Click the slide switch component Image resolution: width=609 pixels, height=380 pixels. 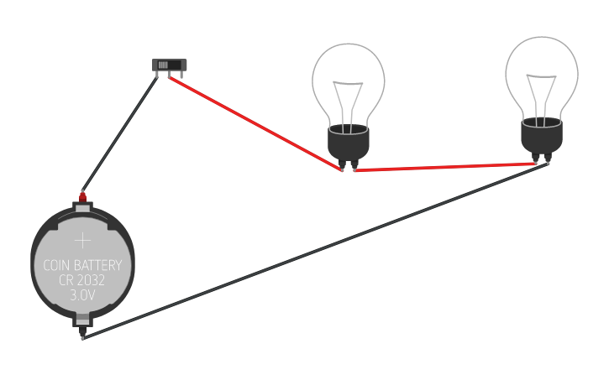coord(171,65)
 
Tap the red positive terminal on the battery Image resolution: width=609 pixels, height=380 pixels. coord(82,197)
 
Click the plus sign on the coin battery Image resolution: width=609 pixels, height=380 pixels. coord(82,241)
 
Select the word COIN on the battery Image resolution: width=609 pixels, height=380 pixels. coord(60,267)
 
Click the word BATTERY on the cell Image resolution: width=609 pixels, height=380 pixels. coord(101,267)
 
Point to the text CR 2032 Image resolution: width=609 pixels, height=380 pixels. coord(82,280)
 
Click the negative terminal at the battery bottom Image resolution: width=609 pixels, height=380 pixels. coord(82,321)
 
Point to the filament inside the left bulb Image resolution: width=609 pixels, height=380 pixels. coord(348,101)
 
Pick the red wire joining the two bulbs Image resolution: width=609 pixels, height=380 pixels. coord(445,167)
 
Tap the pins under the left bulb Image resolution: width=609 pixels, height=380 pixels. coord(348,165)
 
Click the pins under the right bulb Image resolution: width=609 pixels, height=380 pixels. coord(542,159)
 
